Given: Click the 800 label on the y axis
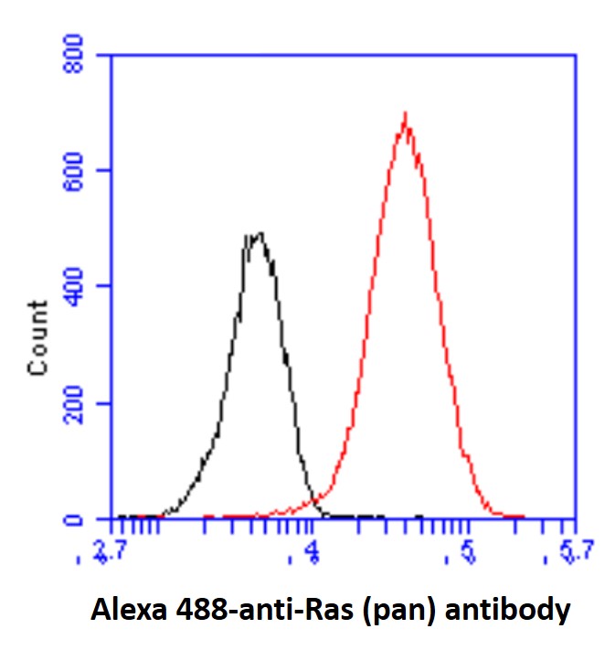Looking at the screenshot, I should [79, 54].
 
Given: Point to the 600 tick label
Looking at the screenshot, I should [79, 170].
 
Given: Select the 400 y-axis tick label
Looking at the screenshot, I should [79, 286].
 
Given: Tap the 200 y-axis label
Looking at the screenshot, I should [79, 403].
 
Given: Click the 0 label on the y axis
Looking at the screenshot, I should [90, 519].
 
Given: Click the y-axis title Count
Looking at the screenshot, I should [38, 337].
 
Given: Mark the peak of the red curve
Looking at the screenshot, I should [405, 114].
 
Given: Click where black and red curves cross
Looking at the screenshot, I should [314, 500].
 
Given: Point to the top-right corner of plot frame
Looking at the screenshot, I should [576, 54].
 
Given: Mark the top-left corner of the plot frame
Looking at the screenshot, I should [111, 54].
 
